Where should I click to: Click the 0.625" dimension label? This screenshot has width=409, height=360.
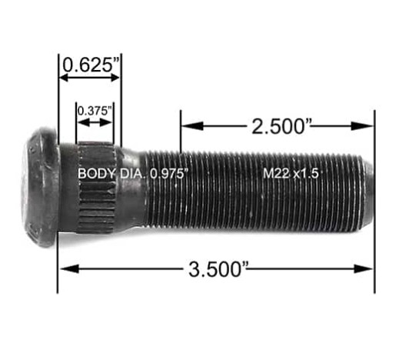point(90,65)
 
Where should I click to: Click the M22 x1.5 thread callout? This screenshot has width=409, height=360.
point(290,173)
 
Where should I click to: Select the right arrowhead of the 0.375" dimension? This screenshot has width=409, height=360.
point(116,122)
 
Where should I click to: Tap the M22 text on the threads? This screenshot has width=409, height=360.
point(274,173)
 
